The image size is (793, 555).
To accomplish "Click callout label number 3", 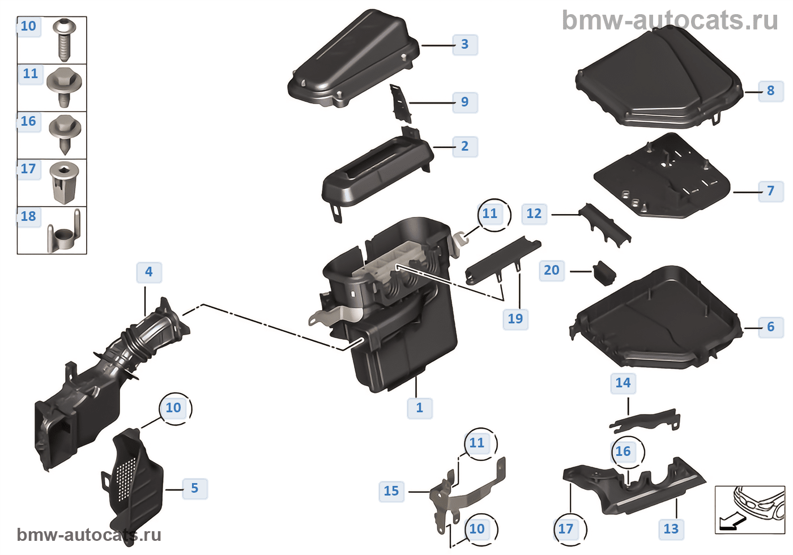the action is [x=465, y=45].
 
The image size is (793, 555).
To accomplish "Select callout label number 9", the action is [x=465, y=103].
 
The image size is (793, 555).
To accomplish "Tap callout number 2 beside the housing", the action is [x=465, y=147].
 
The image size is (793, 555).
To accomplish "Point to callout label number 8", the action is [x=771, y=91].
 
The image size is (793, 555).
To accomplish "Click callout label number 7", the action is [x=771, y=191].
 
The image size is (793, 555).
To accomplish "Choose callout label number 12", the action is [x=534, y=214].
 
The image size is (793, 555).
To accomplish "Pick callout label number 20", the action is [x=552, y=271].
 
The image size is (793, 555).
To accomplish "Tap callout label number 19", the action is [x=515, y=319].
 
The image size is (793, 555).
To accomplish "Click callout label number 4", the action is [x=149, y=272].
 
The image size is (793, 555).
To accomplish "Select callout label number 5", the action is [x=195, y=488].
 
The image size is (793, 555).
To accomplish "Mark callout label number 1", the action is [x=420, y=408].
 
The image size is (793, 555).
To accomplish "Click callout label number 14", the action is [x=623, y=383].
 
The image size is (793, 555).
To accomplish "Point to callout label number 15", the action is [x=391, y=492].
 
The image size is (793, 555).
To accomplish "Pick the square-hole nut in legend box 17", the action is [x=64, y=182].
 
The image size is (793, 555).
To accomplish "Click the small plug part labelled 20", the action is [x=605, y=273].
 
